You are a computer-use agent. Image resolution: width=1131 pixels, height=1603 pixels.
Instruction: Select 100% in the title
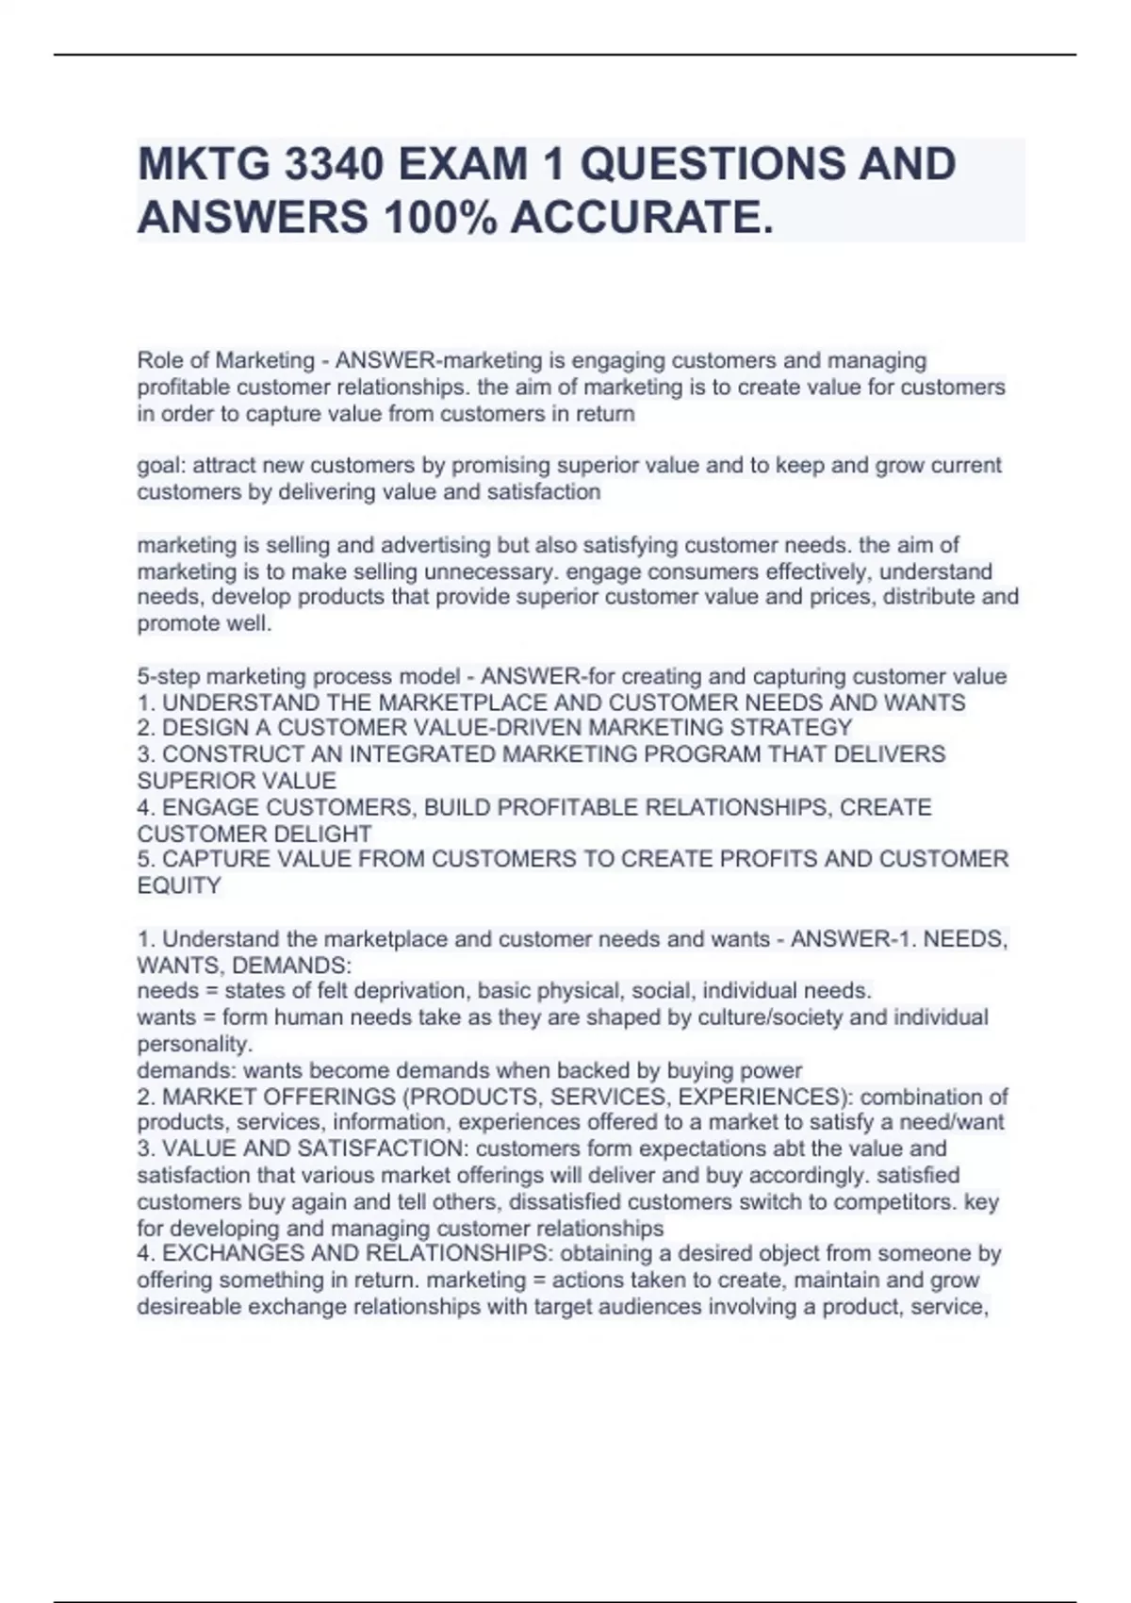coord(439,218)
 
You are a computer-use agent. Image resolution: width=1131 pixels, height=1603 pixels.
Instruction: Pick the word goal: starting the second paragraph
coord(162,466)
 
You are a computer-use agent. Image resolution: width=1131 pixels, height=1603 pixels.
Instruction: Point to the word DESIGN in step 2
coord(198,728)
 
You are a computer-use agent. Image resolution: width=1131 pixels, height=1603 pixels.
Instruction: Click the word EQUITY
coord(179,885)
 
